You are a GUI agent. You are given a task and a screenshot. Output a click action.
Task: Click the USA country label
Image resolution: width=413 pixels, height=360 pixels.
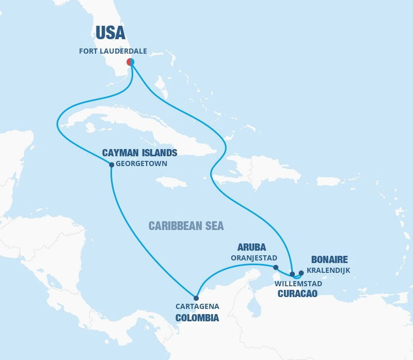pyautogui.click(x=110, y=33)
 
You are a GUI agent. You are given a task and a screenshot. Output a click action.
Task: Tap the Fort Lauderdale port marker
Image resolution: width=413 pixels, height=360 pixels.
pyautogui.click(x=131, y=62)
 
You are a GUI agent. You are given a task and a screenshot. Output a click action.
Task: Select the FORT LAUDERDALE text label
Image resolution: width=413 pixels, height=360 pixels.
pyautogui.click(x=113, y=51)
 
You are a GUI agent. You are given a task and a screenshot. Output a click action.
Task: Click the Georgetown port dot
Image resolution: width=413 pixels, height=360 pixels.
pyautogui.click(x=112, y=165)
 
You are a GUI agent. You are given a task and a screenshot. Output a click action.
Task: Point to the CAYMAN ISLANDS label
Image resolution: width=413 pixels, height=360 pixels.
pyautogui.click(x=140, y=153)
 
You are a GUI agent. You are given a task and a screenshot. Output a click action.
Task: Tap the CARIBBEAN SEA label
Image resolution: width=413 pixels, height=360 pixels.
pyautogui.click(x=186, y=226)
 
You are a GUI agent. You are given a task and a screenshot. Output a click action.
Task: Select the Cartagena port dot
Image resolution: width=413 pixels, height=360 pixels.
pyautogui.click(x=196, y=298)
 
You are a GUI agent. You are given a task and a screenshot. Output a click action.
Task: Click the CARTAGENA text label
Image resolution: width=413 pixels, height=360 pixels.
pyautogui.click(x=197, y=306)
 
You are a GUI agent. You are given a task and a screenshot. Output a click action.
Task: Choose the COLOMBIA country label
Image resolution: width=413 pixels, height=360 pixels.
pyautogui.click(x=197, y=318)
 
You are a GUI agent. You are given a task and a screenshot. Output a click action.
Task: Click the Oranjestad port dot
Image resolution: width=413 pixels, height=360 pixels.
pyautogui.click(x=276, y=267)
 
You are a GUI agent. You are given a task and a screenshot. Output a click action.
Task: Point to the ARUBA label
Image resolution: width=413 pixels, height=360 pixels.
pyautogui.click(x=251, y=247)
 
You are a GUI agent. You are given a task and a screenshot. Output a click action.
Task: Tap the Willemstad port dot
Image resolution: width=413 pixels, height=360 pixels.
pyautogui.click(x=292, y=274)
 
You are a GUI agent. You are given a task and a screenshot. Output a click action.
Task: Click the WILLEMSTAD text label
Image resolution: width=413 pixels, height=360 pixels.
pyautogui.click(x=298, y=284)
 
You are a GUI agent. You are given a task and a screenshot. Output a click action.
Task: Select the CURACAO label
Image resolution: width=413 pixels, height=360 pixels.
pyautogui.click(x=297, y=294)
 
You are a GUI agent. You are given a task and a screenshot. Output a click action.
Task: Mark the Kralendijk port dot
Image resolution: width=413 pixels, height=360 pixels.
pyautogui.click(x=301, y=273)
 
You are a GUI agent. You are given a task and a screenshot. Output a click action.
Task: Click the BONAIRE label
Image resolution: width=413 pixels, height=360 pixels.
pyautogui.click(x=330, y=259)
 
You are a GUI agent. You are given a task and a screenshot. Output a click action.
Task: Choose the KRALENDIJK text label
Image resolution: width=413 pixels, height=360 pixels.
pyautogui.click(x=328, y=270)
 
